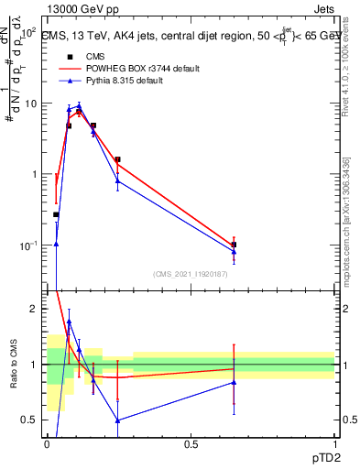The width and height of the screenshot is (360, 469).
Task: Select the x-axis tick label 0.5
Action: [x=191, y=445]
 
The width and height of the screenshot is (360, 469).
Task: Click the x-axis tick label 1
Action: [x=334, y=445]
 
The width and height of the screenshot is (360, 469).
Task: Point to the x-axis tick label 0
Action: [x=47, y=445]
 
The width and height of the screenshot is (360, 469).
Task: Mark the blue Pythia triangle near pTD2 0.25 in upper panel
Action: [x=118, y=180]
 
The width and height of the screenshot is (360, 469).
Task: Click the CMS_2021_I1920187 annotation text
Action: [x=191, y=273]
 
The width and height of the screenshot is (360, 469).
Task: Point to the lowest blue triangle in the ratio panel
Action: [x=118, y=420]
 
